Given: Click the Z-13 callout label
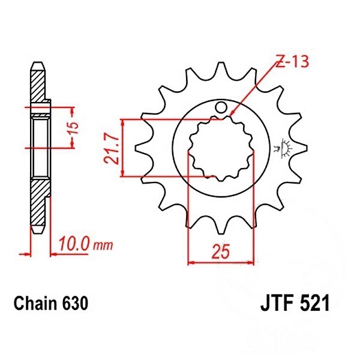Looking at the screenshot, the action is coord(292,62).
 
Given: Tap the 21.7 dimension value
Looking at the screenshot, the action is coord(112,149).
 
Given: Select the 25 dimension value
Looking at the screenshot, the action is coord(221,251).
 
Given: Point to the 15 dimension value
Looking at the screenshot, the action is coord(73,128).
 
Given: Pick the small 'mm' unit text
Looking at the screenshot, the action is coord(103,246).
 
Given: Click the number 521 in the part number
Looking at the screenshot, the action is coord(315,303).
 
